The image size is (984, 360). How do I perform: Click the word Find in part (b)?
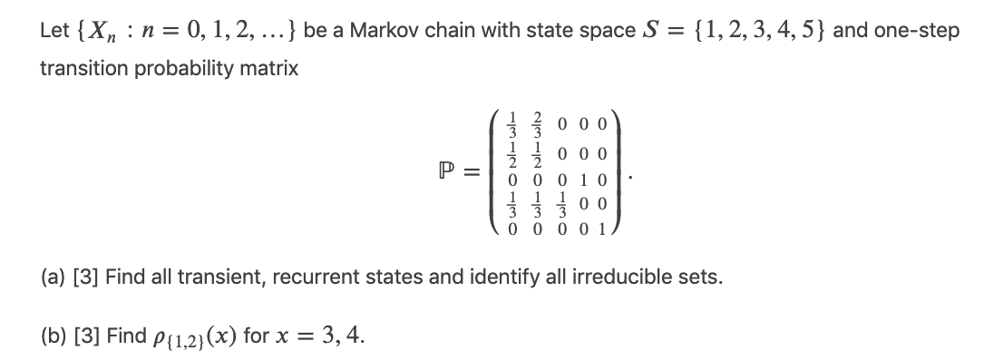(x=124, y=336)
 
